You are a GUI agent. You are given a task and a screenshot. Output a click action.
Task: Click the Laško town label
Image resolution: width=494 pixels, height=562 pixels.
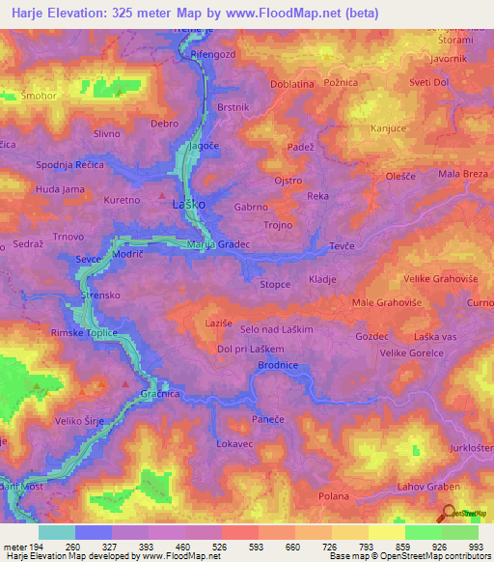185,206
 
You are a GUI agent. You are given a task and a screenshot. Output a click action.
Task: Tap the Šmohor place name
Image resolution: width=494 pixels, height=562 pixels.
38,97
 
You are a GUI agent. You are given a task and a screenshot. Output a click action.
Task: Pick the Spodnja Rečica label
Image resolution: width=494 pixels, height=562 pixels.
69,166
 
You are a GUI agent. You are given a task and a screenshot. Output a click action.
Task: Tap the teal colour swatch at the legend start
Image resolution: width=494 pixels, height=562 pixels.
56,532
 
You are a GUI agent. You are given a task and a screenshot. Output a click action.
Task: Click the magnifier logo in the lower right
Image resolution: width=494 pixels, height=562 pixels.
448,513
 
